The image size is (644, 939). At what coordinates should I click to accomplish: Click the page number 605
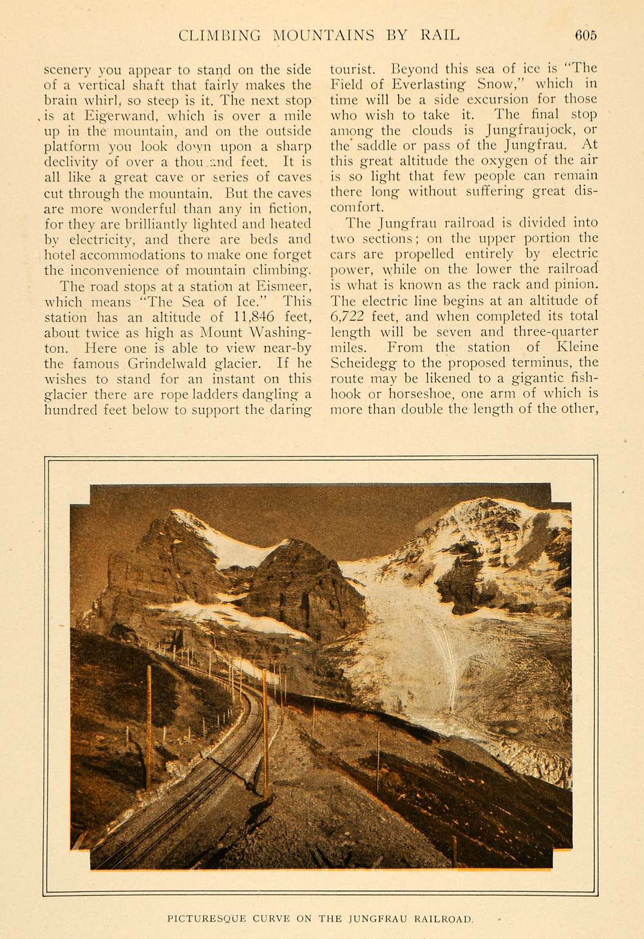(585, 35)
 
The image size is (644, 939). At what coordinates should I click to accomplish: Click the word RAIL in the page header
(439, 35)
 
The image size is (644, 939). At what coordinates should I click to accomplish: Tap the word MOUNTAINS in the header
(323, 35)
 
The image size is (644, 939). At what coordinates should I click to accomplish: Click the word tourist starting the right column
(350, 68)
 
